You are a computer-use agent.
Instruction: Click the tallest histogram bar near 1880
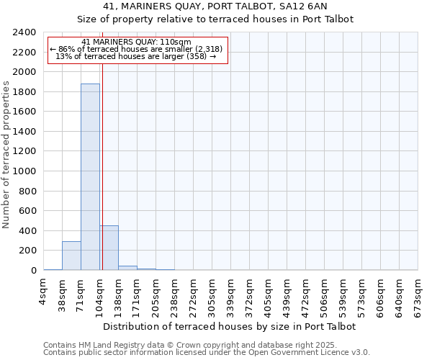point(90,176)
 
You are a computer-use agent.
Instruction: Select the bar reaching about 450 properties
point(109,248)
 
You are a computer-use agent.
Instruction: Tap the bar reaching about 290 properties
point(71,256)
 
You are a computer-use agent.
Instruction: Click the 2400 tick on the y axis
point(25,32)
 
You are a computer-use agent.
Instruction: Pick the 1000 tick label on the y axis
point(25,171)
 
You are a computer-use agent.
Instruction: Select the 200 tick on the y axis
point(27,251)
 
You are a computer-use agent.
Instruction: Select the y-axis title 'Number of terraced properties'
point(6,155)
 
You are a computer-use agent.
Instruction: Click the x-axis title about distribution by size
point(230,326)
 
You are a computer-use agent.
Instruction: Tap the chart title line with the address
point(215,6)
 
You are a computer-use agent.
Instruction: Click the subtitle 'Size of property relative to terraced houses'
point(215,19)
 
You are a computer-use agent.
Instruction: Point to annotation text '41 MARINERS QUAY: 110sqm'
point(137,42)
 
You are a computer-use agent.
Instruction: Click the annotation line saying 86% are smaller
point(137,49)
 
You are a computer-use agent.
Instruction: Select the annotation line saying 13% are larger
point(137,56)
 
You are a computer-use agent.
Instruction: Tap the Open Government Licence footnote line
point(207,353)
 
